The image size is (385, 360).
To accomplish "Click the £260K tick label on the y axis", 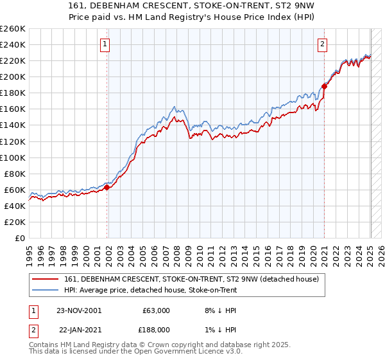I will click(x=13, y=29).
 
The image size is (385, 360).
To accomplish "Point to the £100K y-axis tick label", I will click(x=13, y=157).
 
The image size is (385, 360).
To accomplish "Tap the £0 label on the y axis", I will click(x=21, y=239).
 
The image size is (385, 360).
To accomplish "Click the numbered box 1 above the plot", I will click(x=105, y=44).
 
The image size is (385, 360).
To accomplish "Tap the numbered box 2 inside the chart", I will click(x=322, y=44).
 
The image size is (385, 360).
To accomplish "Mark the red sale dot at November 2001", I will click(x=107, y=187).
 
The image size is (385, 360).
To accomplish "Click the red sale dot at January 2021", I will click(x=325, y=86).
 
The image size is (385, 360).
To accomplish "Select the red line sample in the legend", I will click(x=46, y=278).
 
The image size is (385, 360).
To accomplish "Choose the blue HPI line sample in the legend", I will click(x=46, y=290).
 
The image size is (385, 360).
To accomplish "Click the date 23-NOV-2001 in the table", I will click(x=79, y=310).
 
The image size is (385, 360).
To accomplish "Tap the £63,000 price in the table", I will click(x=155, y=310).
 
